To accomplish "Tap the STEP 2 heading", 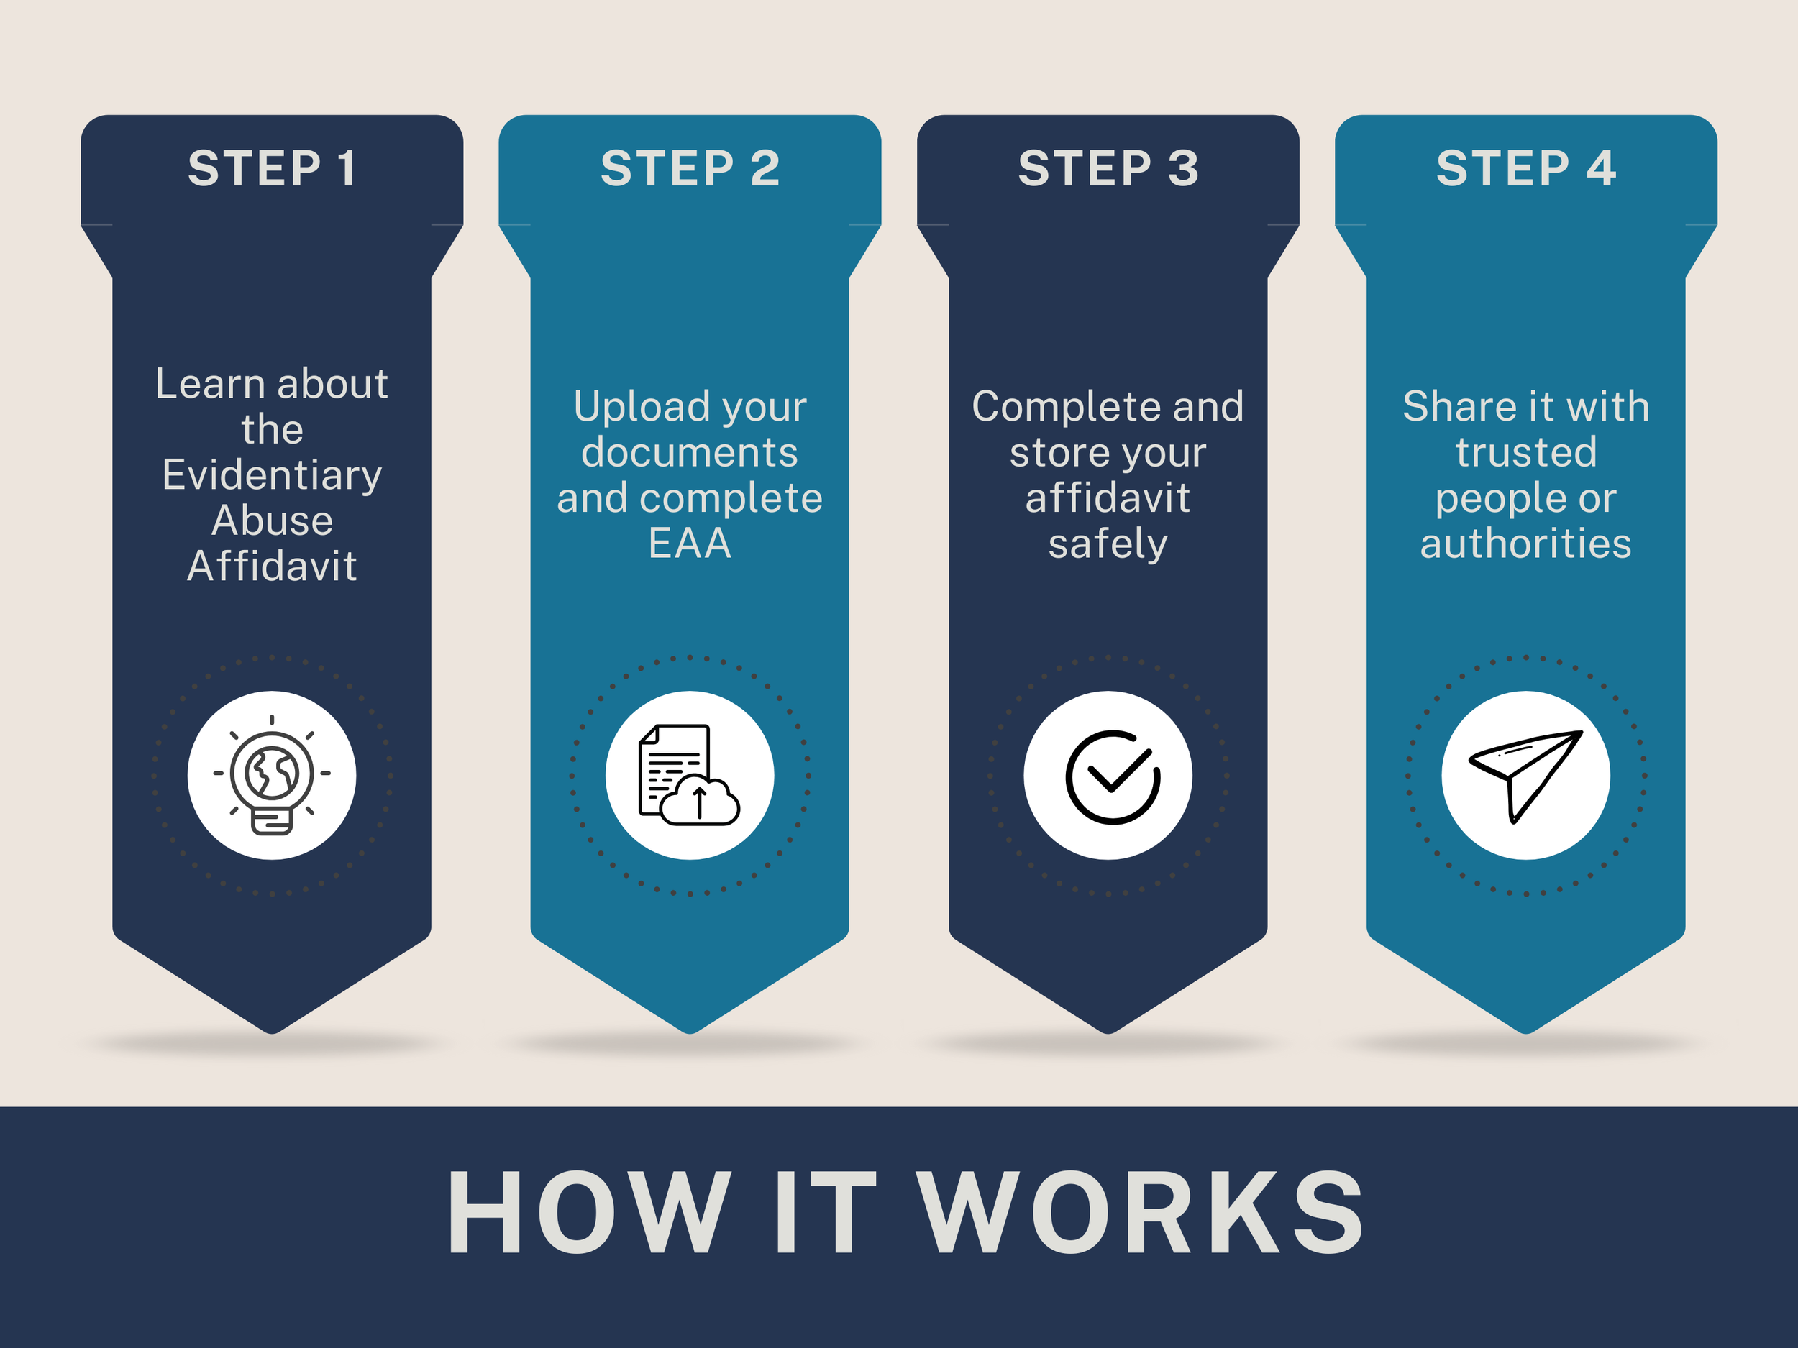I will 690,168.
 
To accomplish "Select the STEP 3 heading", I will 1108,168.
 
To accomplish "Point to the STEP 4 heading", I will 1525,168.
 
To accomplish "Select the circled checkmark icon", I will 1112,776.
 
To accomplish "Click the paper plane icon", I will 1525,775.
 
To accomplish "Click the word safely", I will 1108,543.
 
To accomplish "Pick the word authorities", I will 1525,543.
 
